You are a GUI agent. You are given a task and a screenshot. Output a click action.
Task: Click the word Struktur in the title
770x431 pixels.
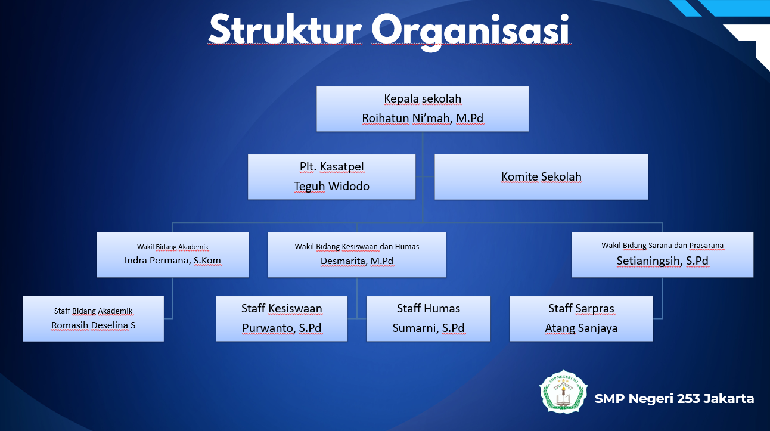(x=285, y=29)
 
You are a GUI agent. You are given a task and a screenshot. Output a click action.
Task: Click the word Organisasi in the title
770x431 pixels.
(x=471, y=32)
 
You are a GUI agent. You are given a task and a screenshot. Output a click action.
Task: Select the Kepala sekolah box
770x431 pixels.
(x=423, y=108)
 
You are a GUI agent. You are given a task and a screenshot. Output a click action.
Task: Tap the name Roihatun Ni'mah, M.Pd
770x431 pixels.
(x=423, y=118)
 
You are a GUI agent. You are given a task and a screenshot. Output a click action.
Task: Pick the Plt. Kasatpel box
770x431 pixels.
(x=331, y=177)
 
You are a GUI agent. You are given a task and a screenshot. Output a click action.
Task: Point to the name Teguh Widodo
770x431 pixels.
(x=331, y=186)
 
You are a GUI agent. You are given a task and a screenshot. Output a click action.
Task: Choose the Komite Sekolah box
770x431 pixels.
(x=541, y=177)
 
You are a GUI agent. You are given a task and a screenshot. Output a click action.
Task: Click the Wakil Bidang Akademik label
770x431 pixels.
(x=173, y=247)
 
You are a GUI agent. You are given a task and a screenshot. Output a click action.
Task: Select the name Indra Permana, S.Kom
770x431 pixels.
(x=173, y=261)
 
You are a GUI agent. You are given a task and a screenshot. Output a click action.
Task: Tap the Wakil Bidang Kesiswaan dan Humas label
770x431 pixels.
(x=357, y=247)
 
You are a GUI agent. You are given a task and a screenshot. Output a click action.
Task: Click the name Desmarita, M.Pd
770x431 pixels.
(x=357, y=261)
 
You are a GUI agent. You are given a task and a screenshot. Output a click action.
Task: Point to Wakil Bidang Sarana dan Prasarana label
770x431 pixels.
(x=662, y=245)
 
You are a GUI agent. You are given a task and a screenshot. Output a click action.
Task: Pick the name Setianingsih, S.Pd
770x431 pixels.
(x=662, y=261)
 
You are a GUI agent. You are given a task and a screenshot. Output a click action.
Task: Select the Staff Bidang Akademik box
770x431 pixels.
(x=93, y=319)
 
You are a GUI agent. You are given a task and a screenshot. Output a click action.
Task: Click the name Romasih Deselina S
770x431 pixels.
(x=93, y=325)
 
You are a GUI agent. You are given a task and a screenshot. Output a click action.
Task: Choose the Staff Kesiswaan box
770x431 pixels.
(x=281, y=319)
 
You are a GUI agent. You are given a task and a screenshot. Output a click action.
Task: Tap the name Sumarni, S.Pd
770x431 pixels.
(x=429, y=328)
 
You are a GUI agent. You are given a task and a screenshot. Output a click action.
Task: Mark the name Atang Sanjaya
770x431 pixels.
(x=581, y=328)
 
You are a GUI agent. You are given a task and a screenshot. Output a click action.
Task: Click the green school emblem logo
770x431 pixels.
(x=563, y=392)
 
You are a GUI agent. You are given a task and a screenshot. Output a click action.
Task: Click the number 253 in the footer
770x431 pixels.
(x=688, y=399)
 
